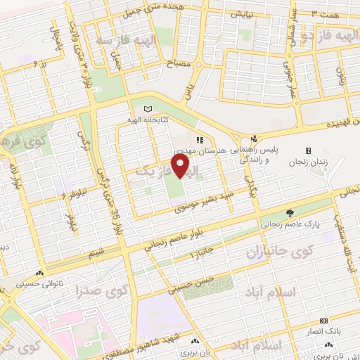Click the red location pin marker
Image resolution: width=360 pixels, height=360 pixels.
[x=182, y=166]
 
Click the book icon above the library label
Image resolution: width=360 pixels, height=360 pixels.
[x=147, y=109]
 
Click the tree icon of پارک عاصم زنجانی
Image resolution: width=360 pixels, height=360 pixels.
[x=289, y=213]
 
